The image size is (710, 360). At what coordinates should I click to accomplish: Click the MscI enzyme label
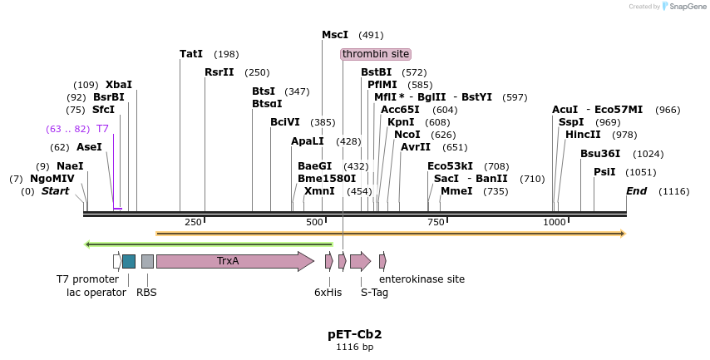(x=335, y=35)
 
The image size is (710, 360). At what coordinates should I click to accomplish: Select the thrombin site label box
(x=376, y=54)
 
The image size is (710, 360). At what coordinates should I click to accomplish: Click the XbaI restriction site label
(x=119, y=85)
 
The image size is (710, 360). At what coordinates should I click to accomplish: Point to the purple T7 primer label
(x=102, y=129)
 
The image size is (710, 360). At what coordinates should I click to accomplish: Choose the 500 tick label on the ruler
(x=314, y=222)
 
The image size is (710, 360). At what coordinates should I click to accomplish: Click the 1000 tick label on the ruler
(x=555, y=222)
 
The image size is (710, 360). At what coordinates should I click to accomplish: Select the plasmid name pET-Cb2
(x=354, y=334)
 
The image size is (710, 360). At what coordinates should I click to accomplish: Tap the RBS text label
(x=146, y=292)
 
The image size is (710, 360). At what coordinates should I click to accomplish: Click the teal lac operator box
(x=129, y=261)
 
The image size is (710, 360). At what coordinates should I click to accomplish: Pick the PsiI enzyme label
(x=604, y=172)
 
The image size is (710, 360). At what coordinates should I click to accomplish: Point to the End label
(x=636, y=191)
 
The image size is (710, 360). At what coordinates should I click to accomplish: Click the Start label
(x=56, y=191)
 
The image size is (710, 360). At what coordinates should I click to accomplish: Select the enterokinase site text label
(x=422, y=279)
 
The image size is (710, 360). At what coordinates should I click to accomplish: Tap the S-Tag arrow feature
(x=360, y=261)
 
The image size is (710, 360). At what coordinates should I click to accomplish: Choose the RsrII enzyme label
(x=219, y=72)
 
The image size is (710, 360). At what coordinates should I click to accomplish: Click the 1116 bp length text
(x=354, y=348)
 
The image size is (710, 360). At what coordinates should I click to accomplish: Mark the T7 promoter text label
(x=87, y=279)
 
